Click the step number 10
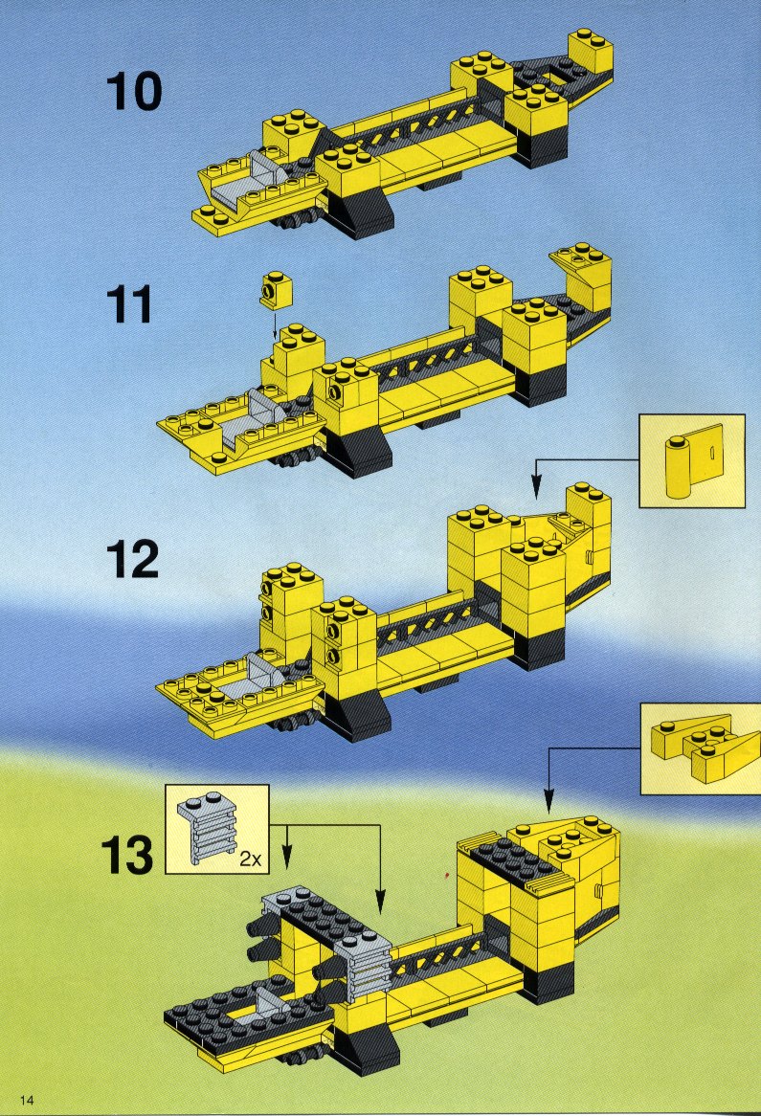coord(134,93)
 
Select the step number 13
coord(126,854)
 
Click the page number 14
coord(27,1100)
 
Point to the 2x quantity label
coord(251,859)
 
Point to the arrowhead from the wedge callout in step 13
coord(548,803)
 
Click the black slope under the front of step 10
coord(363,215)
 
